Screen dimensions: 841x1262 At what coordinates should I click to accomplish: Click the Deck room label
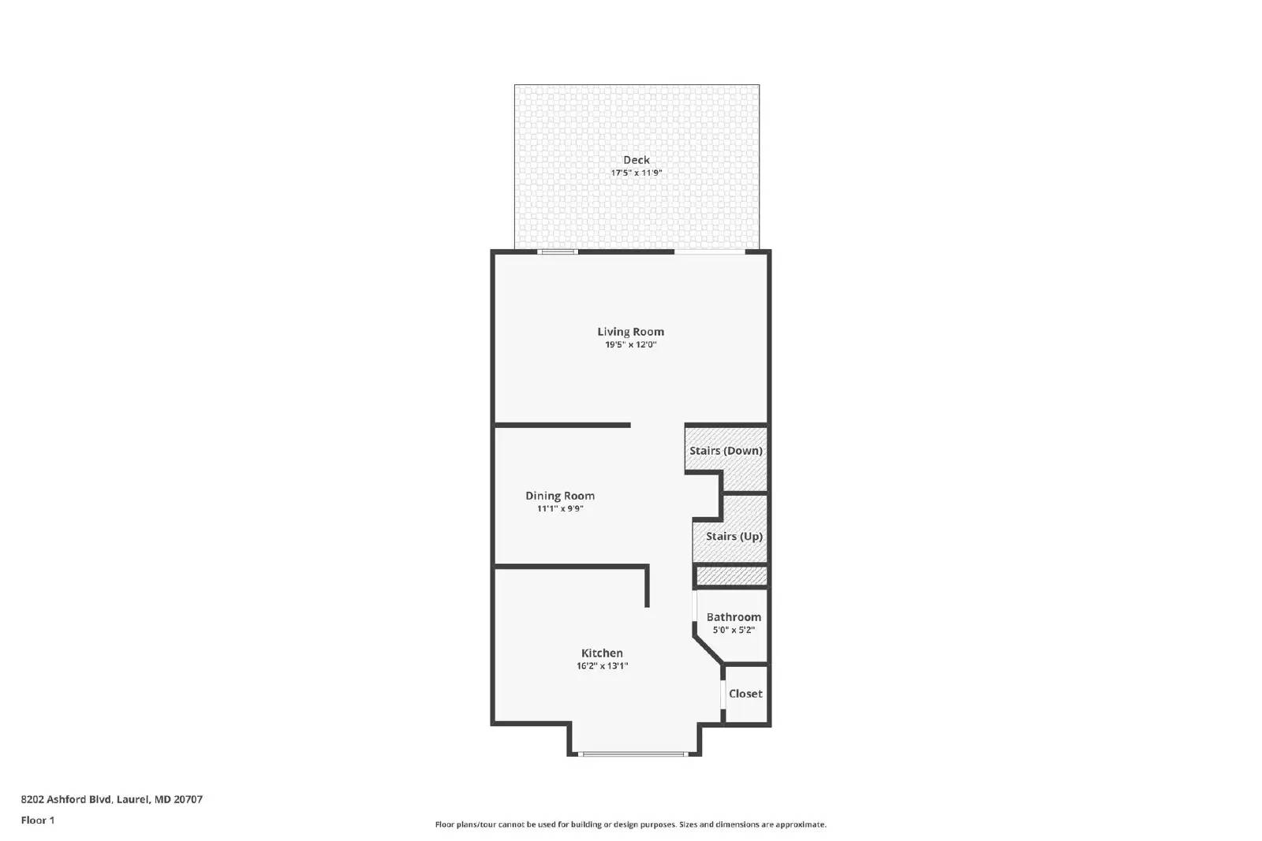coord(637,160)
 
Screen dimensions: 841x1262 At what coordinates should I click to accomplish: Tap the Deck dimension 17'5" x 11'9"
coord(637,173)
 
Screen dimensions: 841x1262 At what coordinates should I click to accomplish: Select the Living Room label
coord(630,332)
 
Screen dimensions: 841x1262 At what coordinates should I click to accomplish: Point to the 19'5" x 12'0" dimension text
coord(630,344)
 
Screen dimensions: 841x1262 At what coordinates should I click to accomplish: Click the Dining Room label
coord(560,496)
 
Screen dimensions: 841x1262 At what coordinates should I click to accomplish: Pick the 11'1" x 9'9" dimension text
coord(560,508)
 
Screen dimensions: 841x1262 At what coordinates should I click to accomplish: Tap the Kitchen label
coord(602,653)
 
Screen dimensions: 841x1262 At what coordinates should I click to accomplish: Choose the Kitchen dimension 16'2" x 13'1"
coord(602,666)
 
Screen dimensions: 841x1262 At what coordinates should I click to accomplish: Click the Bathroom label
coord(734,617)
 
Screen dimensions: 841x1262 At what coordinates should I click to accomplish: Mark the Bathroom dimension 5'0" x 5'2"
coord(734,630)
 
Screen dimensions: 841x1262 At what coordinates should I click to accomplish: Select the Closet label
coord(745,694)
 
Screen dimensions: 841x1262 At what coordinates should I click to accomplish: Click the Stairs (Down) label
coord(726,451)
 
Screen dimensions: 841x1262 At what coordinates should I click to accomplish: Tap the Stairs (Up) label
coord(734,536)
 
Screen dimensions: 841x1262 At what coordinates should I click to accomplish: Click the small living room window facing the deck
coord(558,252)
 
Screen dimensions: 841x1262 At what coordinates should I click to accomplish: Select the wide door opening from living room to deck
coord(709,252)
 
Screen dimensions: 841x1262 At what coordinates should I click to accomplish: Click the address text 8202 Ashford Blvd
coord(111,799)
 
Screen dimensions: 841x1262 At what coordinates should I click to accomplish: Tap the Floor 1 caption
coord(38,820)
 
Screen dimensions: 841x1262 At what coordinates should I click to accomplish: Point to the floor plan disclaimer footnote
coord(630,824)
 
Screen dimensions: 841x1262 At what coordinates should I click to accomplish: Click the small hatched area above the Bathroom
coord(731,577)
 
